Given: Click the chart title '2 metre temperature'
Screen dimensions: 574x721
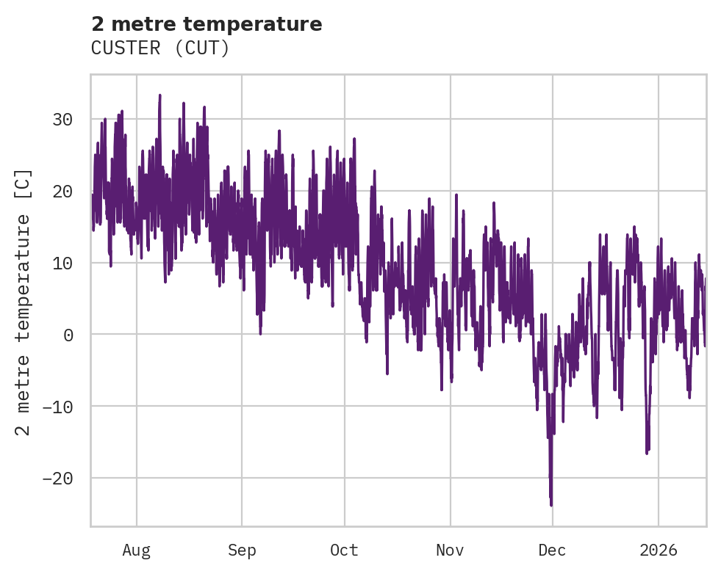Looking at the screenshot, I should click(207, 24).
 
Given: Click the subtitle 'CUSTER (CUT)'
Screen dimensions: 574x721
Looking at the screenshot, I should click(160, 48).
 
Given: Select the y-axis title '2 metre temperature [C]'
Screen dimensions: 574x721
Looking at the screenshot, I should click(24, 302).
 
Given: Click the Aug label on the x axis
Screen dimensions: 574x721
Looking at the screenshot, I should click(137, 550).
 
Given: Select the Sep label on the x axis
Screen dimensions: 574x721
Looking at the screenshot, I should click(241, 550).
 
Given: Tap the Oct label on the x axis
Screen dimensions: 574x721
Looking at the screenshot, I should click(344, 550).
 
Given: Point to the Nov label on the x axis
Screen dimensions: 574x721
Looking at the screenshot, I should click(450, 550).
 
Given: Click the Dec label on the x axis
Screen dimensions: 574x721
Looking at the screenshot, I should click(553, 550).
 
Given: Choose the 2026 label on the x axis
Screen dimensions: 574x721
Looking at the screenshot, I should click(659, 550).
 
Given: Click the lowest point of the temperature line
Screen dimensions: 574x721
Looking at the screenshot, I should click(551, 505).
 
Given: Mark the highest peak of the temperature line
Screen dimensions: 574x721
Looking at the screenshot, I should click(159, 95).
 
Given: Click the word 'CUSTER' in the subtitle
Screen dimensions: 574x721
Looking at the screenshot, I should click(123, 48).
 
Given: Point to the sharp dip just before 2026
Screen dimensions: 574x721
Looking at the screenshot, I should click(647, 453).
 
